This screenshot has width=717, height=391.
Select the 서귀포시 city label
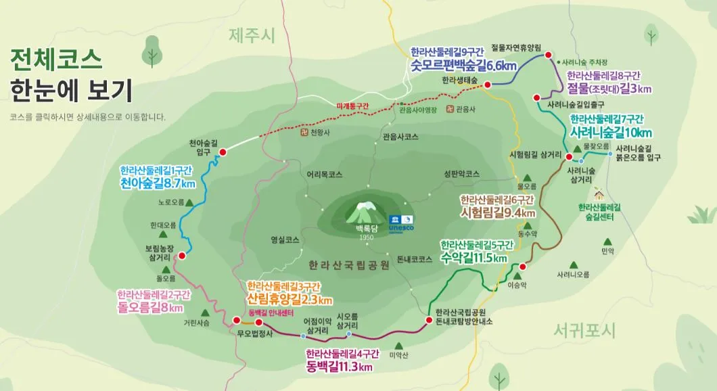(x=584, y=331)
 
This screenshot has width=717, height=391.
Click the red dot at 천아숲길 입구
(x=222, y=152)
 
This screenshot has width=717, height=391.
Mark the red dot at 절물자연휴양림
(x=548, y=55)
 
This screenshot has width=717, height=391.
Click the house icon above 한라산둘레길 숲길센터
(x=599, y=193)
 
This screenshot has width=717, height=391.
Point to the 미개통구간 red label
(x=352, y=106)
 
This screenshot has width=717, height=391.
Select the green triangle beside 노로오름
(x=189, y=202)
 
